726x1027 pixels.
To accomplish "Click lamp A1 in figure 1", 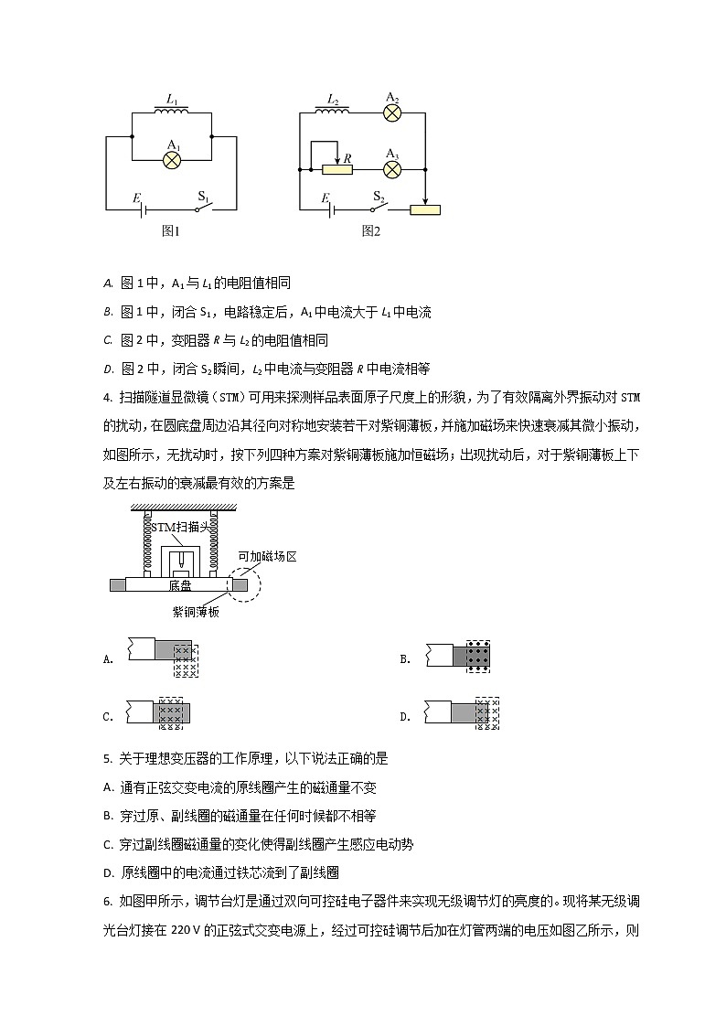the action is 173,159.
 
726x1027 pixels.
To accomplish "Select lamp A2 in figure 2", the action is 393,113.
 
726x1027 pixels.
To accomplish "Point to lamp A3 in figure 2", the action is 393,170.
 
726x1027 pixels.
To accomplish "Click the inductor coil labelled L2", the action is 333,111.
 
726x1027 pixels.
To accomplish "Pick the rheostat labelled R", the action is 338,170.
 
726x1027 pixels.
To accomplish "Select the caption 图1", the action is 171,231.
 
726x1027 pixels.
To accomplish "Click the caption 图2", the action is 370,231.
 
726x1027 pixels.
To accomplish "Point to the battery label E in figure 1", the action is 136,197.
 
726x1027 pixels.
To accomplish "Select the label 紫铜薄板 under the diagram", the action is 196,612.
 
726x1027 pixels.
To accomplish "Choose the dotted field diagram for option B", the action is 475,657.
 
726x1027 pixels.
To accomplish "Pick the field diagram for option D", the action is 487,713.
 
